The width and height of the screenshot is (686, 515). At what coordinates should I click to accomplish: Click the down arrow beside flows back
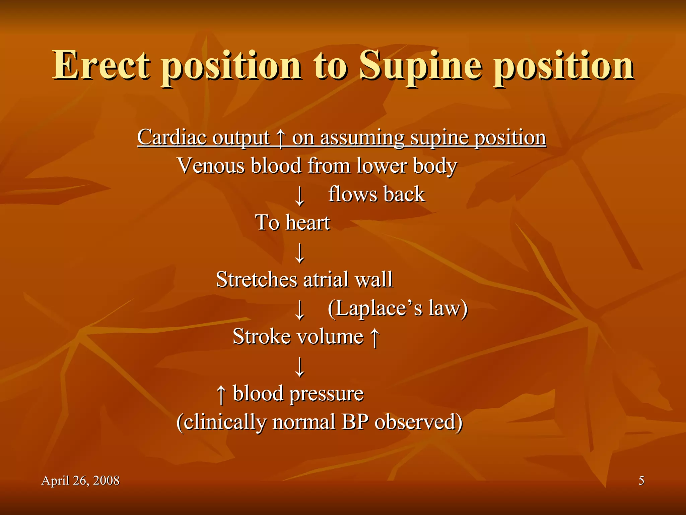click(299, 196)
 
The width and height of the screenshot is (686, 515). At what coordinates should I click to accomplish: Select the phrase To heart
click(292, 223)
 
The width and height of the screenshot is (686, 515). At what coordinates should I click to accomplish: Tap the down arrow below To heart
click(299, 253)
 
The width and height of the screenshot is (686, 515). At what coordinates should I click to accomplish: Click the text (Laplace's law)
click(398, 308)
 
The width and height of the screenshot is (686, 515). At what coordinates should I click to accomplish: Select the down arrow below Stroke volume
click(299, 367)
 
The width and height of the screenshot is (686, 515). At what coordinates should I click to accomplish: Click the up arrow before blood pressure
click(221, 394)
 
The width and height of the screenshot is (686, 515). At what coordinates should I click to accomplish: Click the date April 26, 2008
click(80, 480)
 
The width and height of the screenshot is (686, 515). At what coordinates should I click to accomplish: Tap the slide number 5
click(641, 480)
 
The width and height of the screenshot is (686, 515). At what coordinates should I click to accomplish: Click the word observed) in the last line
click(418, 422)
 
